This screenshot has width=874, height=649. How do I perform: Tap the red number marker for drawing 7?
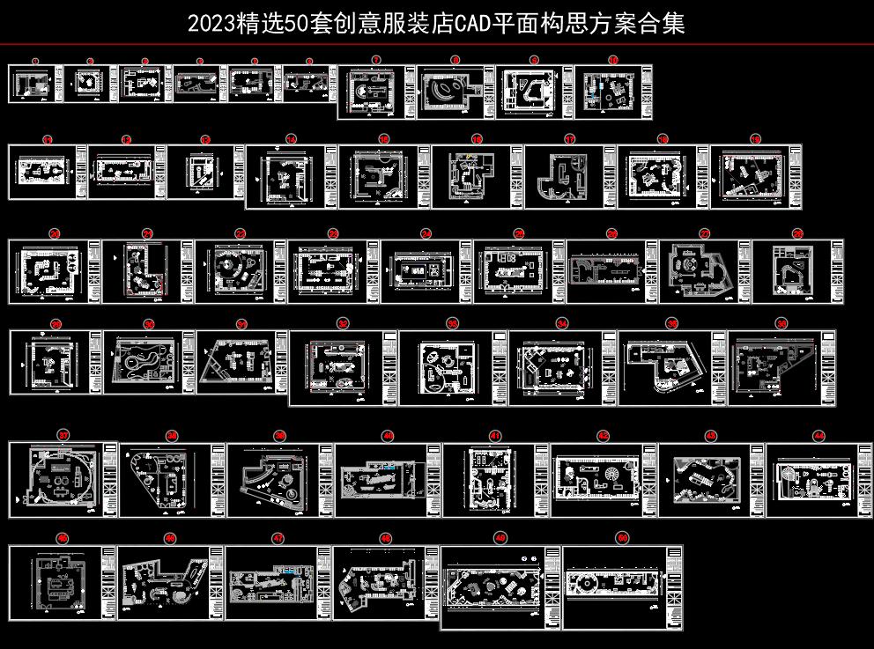point(376,61)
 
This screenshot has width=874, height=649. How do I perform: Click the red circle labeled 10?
point(613,61)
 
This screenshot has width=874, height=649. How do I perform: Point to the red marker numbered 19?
point(755,139)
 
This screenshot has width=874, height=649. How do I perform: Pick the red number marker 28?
point(797,233)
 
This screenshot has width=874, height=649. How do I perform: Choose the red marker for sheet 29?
point(56,325)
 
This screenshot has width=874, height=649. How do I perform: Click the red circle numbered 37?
point(63,435)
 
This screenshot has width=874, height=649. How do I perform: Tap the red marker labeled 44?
point(819,436)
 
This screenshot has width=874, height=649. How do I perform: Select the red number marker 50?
point(623,537)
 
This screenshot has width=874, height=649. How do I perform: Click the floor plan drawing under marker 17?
point(561,177)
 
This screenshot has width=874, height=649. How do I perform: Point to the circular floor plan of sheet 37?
point(57,481)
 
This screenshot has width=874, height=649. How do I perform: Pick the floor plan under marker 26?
point(604,270)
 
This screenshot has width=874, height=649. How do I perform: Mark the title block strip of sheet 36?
point(826,367)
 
